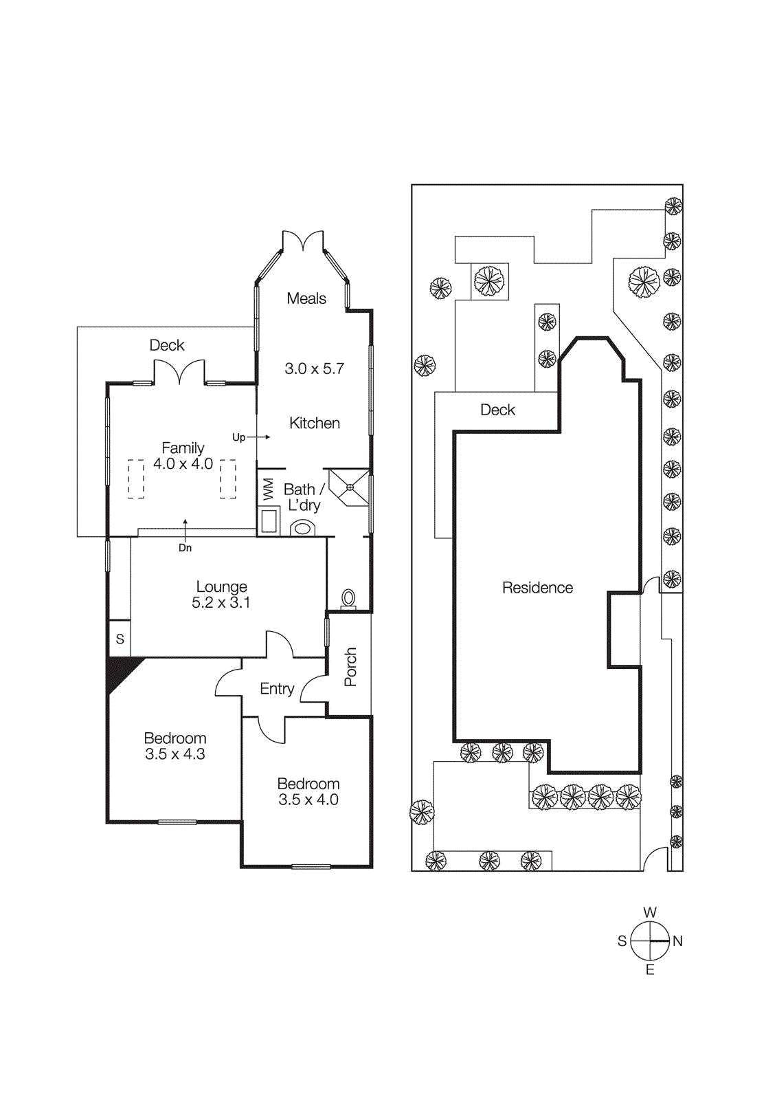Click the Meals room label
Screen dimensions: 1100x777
coord(306,298)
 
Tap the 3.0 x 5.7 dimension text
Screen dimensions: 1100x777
coord(314,368)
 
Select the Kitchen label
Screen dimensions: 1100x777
coord(315,423)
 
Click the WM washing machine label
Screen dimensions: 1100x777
coord(268,489)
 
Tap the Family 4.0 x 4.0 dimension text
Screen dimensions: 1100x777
coord(183,464)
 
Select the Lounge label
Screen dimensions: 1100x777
coord(221,586)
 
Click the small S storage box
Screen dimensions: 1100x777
coord(120,639)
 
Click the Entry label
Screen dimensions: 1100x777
coord(277,689)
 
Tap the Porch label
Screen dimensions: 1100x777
coord(350,666)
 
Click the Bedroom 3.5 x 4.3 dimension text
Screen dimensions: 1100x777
coord(175,754)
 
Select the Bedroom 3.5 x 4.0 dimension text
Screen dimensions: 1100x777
coord(308,800)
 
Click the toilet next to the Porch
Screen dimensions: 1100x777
coord(348,598)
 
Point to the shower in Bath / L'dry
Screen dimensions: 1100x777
coord(350,487)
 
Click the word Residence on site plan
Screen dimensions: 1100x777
coord(537,588)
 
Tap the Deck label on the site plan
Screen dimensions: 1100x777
coord(497,410)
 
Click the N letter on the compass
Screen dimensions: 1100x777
coord(677,941)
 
